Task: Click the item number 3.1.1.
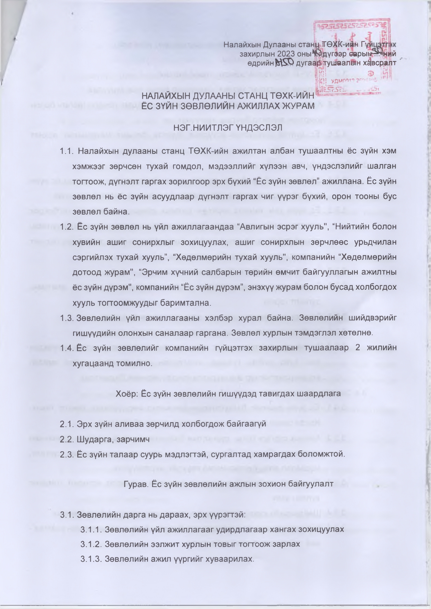pyautogui.click(x=90, y=530)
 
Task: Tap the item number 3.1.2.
pyautogui.click(x=90, y=544)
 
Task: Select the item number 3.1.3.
pyautogui.click(x=90, y=559)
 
